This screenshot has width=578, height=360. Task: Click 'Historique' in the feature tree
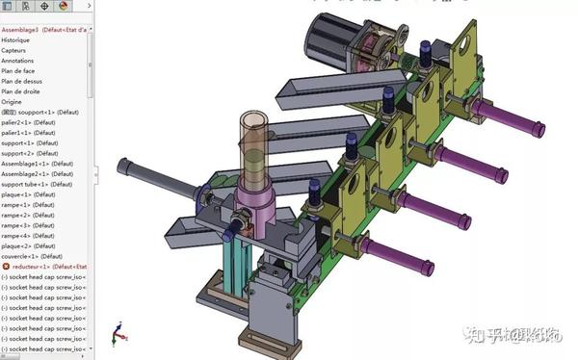pos(15,40)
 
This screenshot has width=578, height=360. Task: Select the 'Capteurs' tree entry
pos(13,51)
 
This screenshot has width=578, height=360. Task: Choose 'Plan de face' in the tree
pos(18,71)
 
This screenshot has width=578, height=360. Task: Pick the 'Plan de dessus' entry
pos(21,82)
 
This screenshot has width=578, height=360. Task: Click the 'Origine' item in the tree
pos(12,101)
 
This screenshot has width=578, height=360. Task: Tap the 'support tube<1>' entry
pos(28,184)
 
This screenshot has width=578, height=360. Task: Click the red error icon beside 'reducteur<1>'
pos(5,267)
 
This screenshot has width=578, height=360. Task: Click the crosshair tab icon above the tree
pos(44,7)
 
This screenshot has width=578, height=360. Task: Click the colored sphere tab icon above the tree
pos(64,7)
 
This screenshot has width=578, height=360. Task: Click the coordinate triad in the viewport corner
pos(118,335)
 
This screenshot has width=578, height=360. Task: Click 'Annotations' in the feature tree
pos(17,61)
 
